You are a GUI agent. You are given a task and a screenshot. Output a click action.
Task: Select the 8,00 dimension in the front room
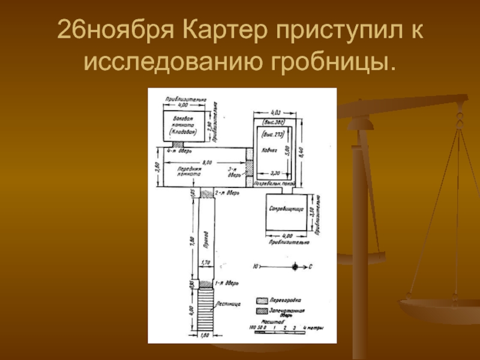pos(206,162)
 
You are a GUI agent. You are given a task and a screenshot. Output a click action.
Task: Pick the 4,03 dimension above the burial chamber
pos(276,112)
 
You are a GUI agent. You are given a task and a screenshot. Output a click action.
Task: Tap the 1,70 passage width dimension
pos(206,263)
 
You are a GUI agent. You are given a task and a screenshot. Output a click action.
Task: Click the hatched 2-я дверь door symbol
pos(206,193)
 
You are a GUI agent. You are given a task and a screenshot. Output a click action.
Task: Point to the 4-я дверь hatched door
pos(179,144)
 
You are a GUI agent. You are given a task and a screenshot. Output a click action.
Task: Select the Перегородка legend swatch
pos(261,299)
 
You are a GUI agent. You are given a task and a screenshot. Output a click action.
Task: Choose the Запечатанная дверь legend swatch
pos(261,310)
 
